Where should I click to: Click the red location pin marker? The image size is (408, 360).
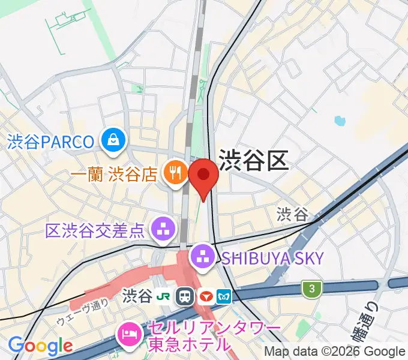coord(203,175)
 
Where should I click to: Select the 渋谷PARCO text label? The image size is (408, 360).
coord(51,142)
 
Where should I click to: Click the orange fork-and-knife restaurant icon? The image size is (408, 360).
coord(175,173)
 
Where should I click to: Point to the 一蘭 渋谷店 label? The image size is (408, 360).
coord(114,174)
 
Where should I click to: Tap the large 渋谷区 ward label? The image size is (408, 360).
coord(254,160)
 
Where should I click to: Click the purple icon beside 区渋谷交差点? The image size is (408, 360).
coord(161,228)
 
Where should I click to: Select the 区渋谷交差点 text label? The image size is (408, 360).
coord(95,229)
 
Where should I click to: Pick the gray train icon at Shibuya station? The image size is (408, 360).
coord(185,296)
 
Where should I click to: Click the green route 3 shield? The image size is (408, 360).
coord(311,289)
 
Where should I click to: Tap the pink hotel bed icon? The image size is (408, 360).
coord(128,331)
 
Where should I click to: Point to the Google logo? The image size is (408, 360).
coord(40,346)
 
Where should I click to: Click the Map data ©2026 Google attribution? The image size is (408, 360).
coord(335,352)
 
